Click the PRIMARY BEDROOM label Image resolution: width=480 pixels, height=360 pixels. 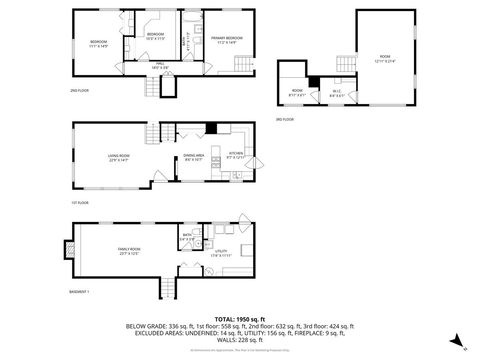coord(224,40)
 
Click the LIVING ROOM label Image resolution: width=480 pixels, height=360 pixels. coord(121,157)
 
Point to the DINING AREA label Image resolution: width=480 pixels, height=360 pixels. coord(193,157)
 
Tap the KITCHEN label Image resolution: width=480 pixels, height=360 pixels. coord(236,155)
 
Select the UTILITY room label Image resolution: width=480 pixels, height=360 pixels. coord(221,253)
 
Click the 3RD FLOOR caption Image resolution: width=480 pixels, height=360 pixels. coord(285,119)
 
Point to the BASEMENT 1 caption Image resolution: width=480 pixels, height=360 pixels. coord(81,291)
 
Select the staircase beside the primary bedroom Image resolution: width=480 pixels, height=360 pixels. coord(241,65)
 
